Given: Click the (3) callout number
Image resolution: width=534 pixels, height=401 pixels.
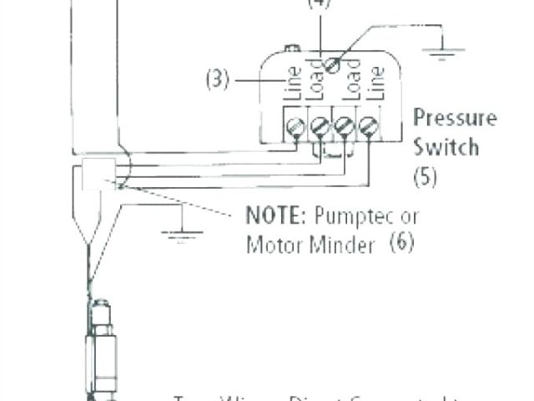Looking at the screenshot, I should (217, 81).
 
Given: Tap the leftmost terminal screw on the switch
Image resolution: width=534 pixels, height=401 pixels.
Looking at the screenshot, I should (295, 127).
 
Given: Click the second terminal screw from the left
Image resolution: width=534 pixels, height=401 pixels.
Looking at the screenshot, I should (320, 127).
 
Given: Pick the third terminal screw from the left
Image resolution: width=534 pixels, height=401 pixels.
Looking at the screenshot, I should (343, 127).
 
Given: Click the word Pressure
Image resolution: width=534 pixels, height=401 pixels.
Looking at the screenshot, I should (454, 117).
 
